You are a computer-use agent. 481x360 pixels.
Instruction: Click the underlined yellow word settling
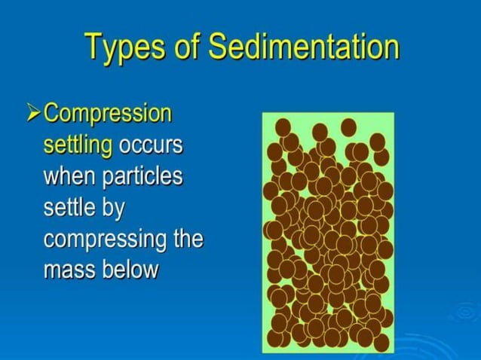pyautogui.click(x=78, y=144)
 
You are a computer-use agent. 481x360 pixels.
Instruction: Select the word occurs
pyautogui.click(x=148, y=144)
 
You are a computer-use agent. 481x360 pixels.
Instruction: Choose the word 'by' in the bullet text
pyautogui.click(x=112, y=209)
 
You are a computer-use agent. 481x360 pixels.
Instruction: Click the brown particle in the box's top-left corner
pyautogui.click(x=283, y=126)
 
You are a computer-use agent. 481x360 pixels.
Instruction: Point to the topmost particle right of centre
pyautogui.click(x=348, y=127)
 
